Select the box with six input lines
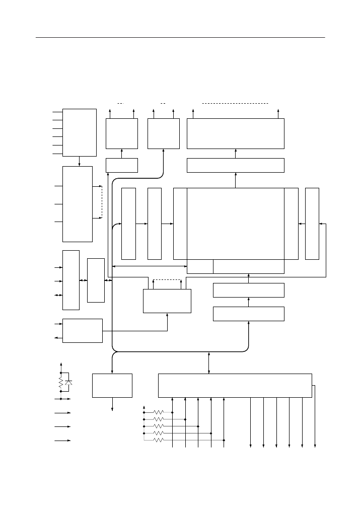point(80,132)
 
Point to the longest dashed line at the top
point(235,103)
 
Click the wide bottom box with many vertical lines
point(235,385)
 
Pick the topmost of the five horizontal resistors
point(158,412)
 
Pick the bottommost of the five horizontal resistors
point(158,440)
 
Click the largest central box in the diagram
point(235,224)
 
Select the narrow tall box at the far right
point(312,224)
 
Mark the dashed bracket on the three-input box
point(101,202)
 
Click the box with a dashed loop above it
point(167,301)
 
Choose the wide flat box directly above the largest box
point(235,165)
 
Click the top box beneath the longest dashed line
point(235,133)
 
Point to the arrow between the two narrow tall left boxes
point(142,224)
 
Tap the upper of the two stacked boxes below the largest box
point(249,290)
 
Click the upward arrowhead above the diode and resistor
point(61,363)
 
